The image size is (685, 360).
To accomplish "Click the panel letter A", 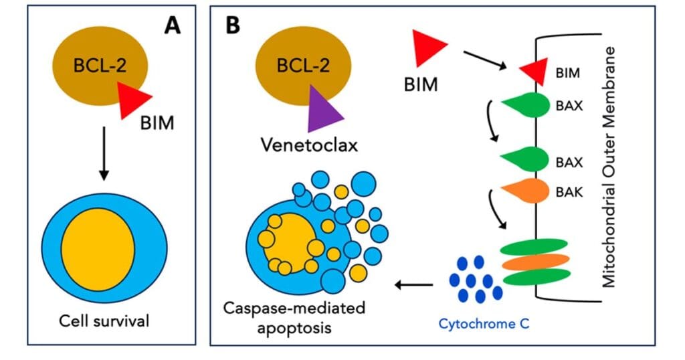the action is (x=172, y=26).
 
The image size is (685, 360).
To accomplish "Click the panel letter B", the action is (x=233, y=25).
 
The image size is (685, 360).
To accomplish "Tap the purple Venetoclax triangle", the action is (x=323, y=110).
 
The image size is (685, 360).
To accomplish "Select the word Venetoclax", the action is (x=309, y=145).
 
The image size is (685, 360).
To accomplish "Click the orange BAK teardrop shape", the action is (x=526, y=191).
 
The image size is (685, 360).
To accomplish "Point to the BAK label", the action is (x=569, y=192).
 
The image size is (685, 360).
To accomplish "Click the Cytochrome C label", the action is (x=484, y=324).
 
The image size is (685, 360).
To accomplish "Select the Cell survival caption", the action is (x=104, y=321).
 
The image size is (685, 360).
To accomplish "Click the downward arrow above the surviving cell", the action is (x=104, y=153).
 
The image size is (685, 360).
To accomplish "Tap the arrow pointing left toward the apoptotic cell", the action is (x=413, y=285).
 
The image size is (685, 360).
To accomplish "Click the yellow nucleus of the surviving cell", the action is (x=98, y=250).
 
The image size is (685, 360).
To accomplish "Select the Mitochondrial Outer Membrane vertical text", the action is (x=609, y=167).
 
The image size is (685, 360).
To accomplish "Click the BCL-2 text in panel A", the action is (x=100, y=66).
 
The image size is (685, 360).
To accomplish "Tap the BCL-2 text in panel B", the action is (x=303, y=65).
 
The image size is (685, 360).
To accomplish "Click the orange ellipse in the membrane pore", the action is (x=536, y=262).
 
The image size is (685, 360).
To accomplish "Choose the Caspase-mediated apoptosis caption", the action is (x=294, y=318).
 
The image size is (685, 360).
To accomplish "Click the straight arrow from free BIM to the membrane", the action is (x=485, y=60).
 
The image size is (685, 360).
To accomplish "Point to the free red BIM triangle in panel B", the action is (x=427, y=48).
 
